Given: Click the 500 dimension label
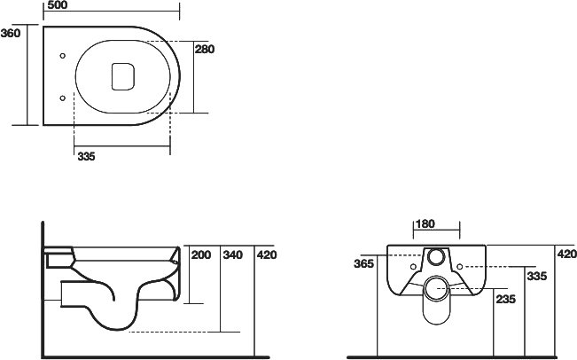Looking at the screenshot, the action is coord(58,5).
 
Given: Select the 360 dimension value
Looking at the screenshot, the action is coord(11,33).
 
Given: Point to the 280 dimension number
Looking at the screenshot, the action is coord(205,49).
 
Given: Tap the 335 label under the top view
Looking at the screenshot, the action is coord(87,156).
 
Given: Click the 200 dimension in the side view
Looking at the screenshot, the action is coord(201,254).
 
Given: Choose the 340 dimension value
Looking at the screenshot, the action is coord(233,254).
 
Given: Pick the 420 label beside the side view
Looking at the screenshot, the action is coord(267,254).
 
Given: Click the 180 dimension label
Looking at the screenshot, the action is coord(425,223).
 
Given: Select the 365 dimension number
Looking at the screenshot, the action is coord(363,263).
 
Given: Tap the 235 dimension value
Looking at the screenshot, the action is coord(506,300).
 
